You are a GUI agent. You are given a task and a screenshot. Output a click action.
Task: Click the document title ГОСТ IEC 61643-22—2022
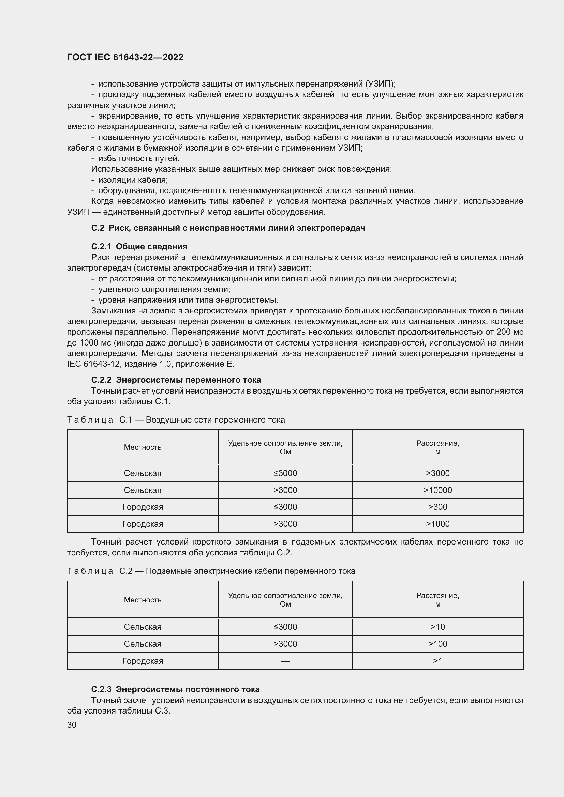coord(125,58)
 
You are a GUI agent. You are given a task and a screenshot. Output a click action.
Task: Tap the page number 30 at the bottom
coord(72,724)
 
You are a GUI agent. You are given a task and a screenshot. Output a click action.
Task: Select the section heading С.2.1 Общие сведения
coord(139,246)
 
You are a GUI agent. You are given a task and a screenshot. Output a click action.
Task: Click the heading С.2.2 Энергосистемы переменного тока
coord(176,380)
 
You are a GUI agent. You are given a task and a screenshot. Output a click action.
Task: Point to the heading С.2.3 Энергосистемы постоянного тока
coord(175,689)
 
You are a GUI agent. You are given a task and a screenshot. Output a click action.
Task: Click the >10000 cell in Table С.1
coord(437,490)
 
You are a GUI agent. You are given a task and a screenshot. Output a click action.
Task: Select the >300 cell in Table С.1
coord(437,507)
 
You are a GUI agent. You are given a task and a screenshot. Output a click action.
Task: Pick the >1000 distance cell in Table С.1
coord(437,524)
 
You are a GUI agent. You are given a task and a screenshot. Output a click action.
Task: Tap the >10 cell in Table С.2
coord(437,627)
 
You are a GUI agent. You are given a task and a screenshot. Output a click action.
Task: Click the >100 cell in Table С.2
coord(437,644)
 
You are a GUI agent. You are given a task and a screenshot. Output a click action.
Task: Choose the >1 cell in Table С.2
coord(437,661)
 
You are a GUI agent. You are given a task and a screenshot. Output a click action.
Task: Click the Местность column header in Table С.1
coord(143,447)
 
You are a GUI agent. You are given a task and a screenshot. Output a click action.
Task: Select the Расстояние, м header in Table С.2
coord(437,600)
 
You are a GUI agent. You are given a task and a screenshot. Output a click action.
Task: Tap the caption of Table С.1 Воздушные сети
coord(176,420)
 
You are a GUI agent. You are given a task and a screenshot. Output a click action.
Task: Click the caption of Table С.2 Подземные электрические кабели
coord(211,571)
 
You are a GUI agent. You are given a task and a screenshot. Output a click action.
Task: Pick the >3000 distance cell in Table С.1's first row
coord(437,473)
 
